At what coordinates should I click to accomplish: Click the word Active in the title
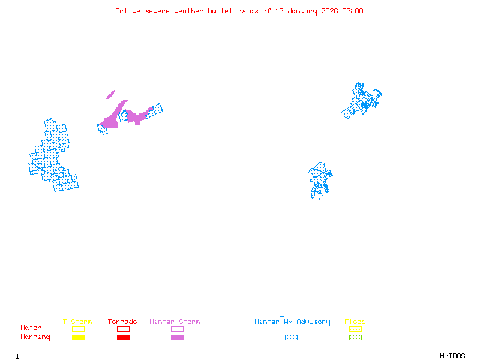(x=128, y=11)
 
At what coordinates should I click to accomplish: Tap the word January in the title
(x=301, y=11)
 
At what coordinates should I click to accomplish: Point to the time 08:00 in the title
(x=353, y=11)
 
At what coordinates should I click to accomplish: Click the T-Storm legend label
(x=77, y=322)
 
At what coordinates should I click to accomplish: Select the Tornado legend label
(x=122, y=322)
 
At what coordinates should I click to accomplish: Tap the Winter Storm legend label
(x=175, y=322)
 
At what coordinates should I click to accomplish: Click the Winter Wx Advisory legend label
(x=292, y=322)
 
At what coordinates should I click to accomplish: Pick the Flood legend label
(x=355, y=322)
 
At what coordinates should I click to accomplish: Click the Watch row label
(x=31, y=328)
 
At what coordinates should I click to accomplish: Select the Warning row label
(x=35, y=337)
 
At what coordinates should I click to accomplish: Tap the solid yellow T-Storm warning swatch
(x=78, y=338)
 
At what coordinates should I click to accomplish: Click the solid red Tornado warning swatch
(x=123, y=338)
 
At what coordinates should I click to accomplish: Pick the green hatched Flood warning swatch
(x=355, y=338)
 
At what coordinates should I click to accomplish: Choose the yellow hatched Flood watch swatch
(x=355, y=329)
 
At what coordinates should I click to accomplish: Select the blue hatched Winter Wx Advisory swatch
(x=291, y=338)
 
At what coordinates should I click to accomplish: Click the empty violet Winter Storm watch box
(x=177, y=329)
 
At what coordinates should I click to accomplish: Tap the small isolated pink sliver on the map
(x=110, y=94)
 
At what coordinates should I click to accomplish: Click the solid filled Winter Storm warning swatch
(x=177, y=338)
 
